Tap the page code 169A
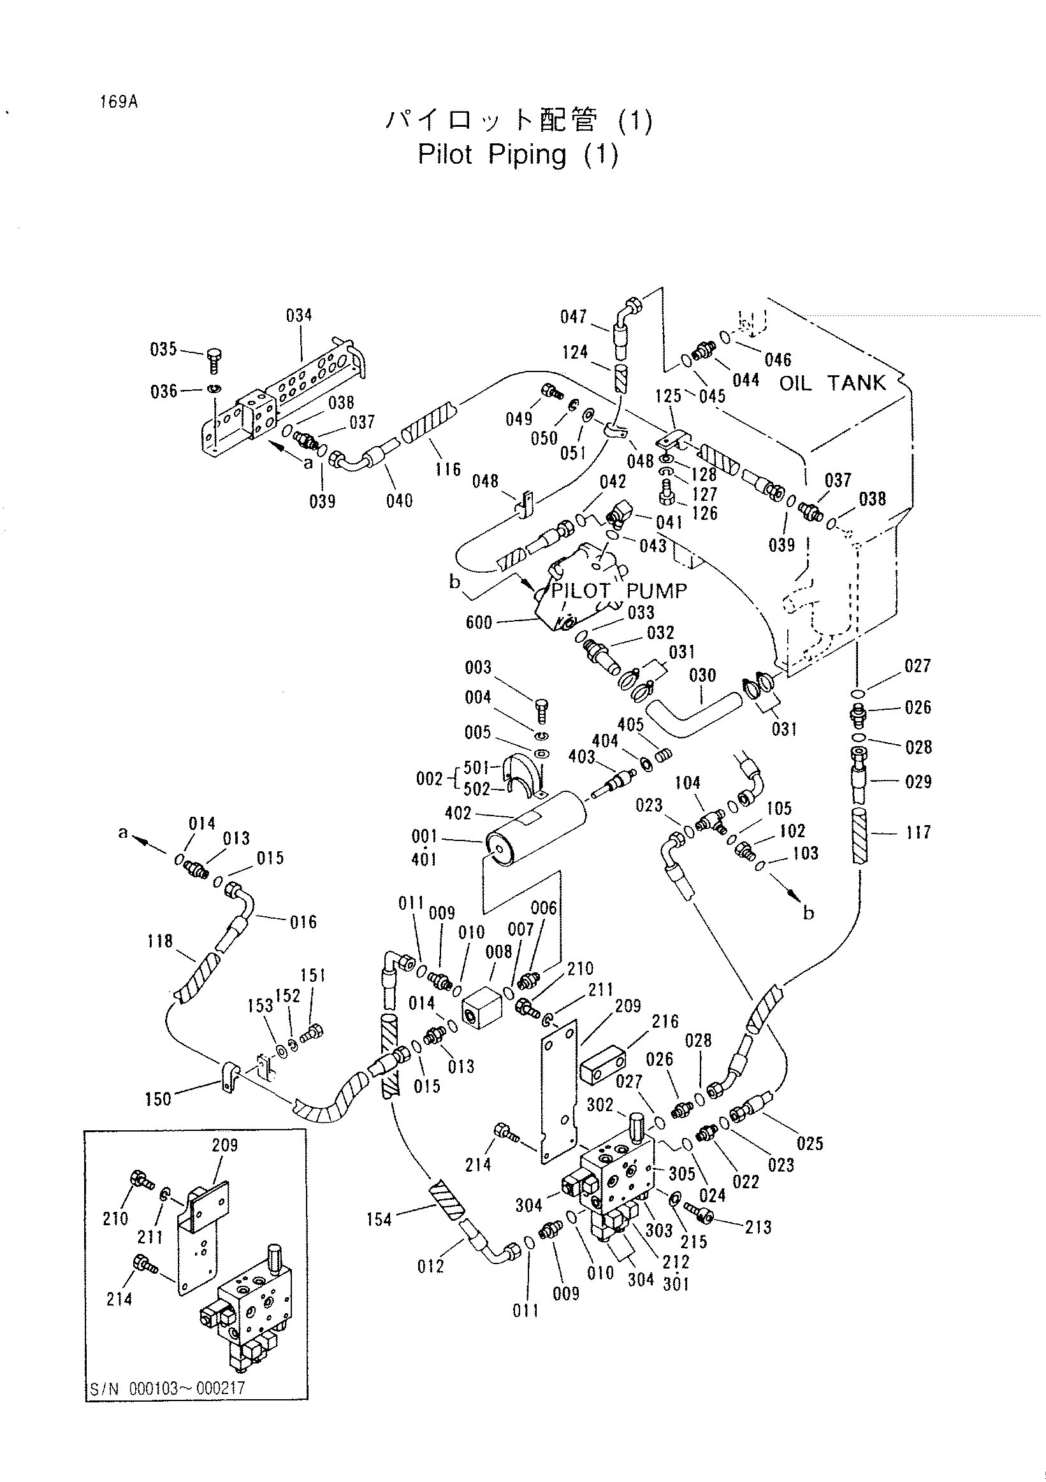tap(119, 102)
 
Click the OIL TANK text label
tap(832, 383)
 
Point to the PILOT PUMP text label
tap(618, 591)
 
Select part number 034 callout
tap(299, 315)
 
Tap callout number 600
tap(479, 622)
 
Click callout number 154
tap(379, 1219)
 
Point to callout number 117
tap(918, 832)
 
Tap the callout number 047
tap(574, 317)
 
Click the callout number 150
tap(158, 1099)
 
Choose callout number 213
tap(758, 1227)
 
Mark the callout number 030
tap(702, 676)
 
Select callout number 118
tap(159, 942)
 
